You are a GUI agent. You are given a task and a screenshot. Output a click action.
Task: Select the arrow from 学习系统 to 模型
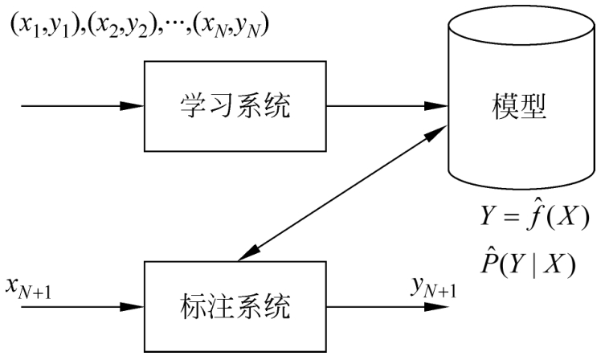tap(373, 105)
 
